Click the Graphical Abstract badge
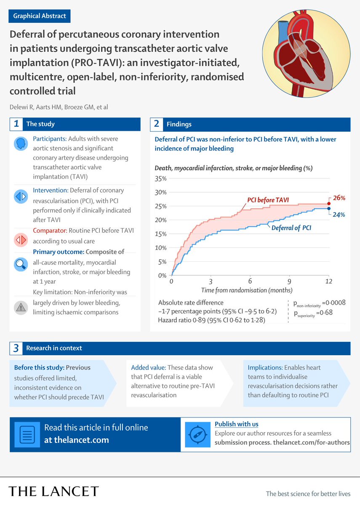pos(40,16)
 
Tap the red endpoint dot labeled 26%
pos(329,203)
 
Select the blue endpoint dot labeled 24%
pos(329,209)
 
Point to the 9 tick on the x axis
pos(289,281)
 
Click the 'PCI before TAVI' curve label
pos(268,200)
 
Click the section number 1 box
pos(16,124)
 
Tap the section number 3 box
pos(16,348)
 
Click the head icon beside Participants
pos(21,144)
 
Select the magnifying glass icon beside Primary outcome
pos(21,264)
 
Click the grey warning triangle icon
pos(21,307)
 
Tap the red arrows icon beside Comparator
pos(21,240)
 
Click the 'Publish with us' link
pos(236,424)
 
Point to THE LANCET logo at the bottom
pos(54,491)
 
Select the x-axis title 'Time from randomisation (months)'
pos(246,290)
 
